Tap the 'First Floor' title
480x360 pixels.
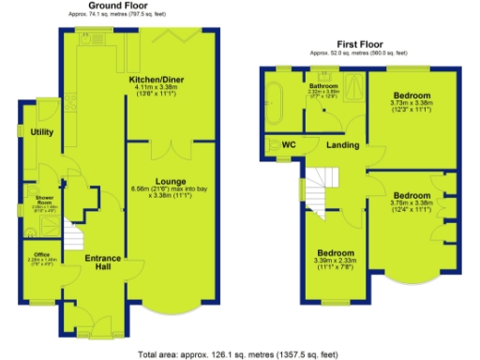coord(361,44)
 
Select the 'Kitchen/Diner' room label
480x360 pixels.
coord(157,80)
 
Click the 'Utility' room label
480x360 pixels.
coord(41,132)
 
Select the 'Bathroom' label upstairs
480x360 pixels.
coord(323,86)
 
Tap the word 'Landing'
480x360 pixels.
coord(342,145)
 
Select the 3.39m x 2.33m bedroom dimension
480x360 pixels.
coord(335,263)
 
